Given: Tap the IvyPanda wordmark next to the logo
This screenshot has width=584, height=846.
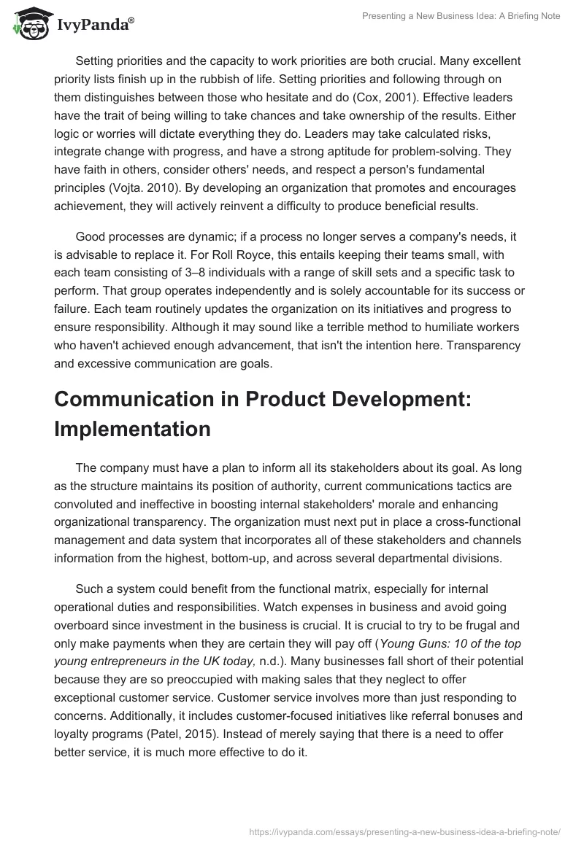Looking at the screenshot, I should pos(93,25).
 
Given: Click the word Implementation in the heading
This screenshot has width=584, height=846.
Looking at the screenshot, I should pos(132,429).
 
